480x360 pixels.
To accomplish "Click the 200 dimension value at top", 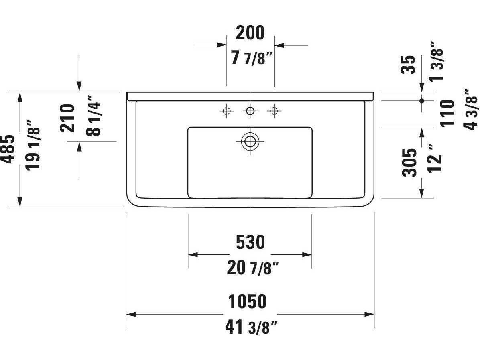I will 250,33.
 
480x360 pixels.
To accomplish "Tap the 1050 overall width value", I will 247,302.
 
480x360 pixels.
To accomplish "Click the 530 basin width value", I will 250,242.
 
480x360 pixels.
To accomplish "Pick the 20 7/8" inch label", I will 252,268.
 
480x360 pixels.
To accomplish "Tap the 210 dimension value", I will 67,118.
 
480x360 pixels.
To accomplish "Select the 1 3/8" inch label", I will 436,61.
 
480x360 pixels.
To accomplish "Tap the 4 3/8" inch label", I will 471,109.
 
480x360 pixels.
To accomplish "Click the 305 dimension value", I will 409,163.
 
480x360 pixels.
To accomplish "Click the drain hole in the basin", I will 250,141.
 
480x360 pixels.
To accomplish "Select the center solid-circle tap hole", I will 250,111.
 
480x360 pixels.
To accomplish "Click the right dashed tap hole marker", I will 274,111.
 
